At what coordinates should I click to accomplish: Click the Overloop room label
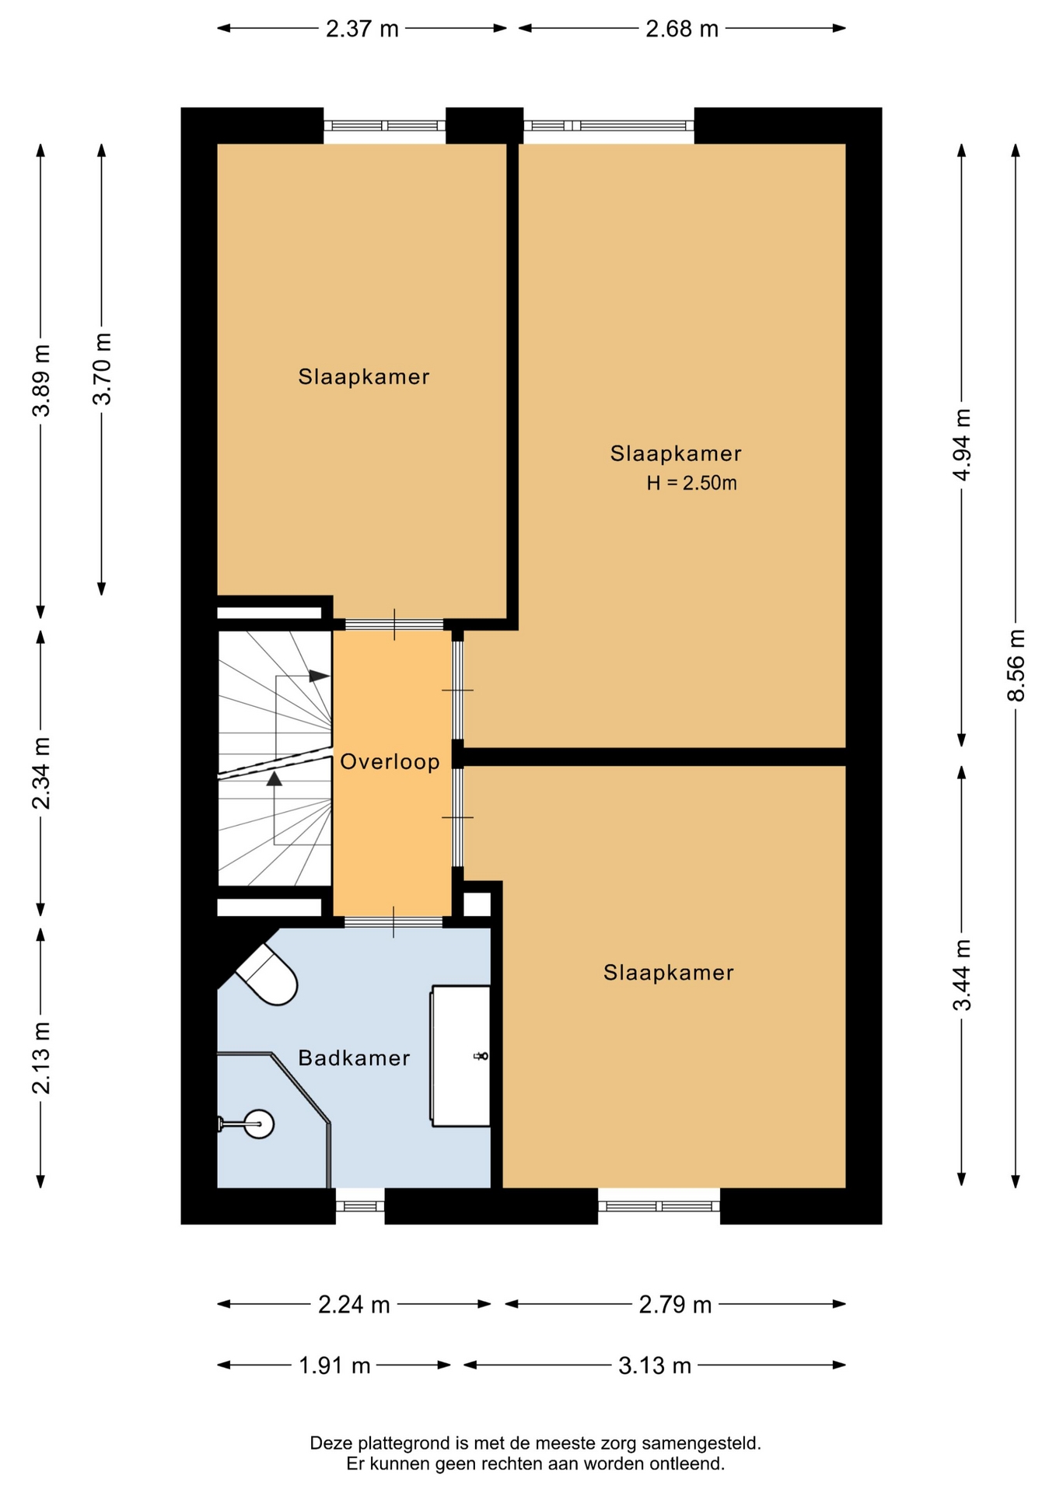coord(390,761)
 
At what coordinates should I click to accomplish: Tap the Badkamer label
coord(354,1058)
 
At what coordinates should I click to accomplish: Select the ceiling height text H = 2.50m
coord(691,483)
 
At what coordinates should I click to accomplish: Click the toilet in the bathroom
coord(267,975)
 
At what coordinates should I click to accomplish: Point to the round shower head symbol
coord(258,1123)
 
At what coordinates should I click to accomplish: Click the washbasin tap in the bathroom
coord(481,1055)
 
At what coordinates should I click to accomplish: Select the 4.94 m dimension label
coord(962,445)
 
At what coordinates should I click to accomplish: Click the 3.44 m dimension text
coord(962,975)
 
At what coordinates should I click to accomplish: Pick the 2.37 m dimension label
coord(362,29)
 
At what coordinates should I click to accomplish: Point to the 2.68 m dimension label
coord(682,29)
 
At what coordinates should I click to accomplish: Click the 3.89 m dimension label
coord(41,380)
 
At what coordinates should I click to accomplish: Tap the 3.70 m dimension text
coord(102,369)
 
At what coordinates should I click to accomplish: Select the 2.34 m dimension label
coord(41,773)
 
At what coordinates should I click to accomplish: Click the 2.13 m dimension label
coord(41,1058)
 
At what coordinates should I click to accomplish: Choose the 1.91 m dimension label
coord(334,1365)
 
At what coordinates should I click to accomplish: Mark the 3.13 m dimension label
coord(655,1365)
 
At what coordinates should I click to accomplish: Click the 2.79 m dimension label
coord(675,1304)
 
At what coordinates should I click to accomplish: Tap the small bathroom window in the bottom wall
coord(360,1206)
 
